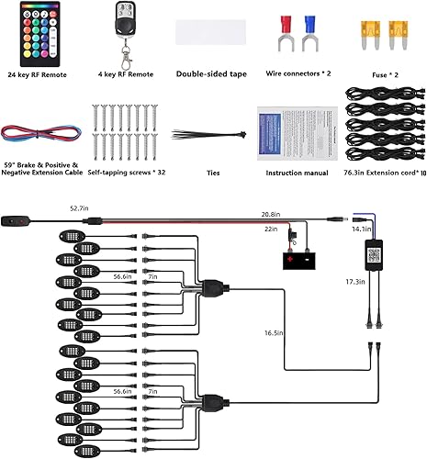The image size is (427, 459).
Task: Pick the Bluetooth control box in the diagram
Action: pos(375,252)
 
